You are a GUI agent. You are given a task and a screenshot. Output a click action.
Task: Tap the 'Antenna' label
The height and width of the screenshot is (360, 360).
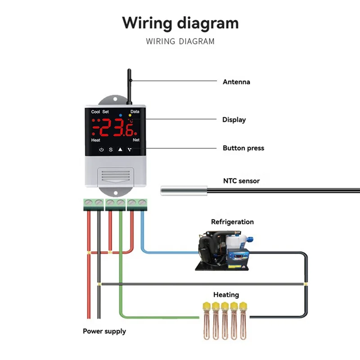point(236,82)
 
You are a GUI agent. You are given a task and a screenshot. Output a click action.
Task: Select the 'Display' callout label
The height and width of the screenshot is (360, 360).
point(234,120)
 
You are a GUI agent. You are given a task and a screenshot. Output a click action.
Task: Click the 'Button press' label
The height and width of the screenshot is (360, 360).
point(243,148)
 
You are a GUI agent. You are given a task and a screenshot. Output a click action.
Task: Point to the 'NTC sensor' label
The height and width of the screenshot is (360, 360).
point(242,181)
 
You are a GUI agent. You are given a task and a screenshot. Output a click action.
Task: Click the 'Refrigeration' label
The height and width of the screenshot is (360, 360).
point(232,222)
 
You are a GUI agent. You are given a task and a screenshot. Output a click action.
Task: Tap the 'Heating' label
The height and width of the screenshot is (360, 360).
point(226,295)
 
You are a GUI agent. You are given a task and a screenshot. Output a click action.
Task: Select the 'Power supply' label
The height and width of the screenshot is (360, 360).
point(104,331)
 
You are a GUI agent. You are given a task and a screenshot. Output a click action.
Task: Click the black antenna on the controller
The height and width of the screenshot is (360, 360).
point(129,83)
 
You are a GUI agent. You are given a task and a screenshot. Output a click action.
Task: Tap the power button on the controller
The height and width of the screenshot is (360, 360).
point(101,149)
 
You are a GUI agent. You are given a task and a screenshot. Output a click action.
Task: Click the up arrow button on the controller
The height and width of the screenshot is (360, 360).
point(120,149)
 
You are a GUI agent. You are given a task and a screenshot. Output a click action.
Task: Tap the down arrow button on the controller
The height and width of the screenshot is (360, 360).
point(130,149)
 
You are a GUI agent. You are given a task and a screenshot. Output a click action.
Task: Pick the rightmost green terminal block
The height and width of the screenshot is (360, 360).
point(137,204)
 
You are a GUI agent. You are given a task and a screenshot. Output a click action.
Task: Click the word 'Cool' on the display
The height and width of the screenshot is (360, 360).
point(95,112)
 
